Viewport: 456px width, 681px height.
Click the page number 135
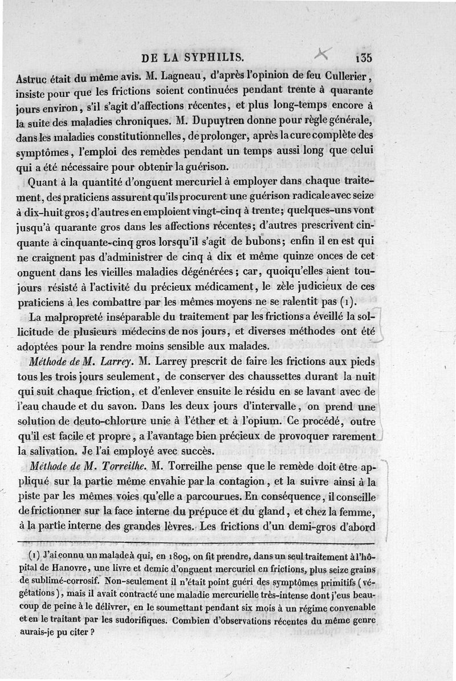click(x=363, y=58)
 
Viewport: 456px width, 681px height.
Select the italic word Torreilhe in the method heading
click(x=121, y=466)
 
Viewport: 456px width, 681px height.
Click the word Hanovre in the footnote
click(x=83, y=566)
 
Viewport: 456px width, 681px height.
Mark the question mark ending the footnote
click(x=92, y=632)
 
